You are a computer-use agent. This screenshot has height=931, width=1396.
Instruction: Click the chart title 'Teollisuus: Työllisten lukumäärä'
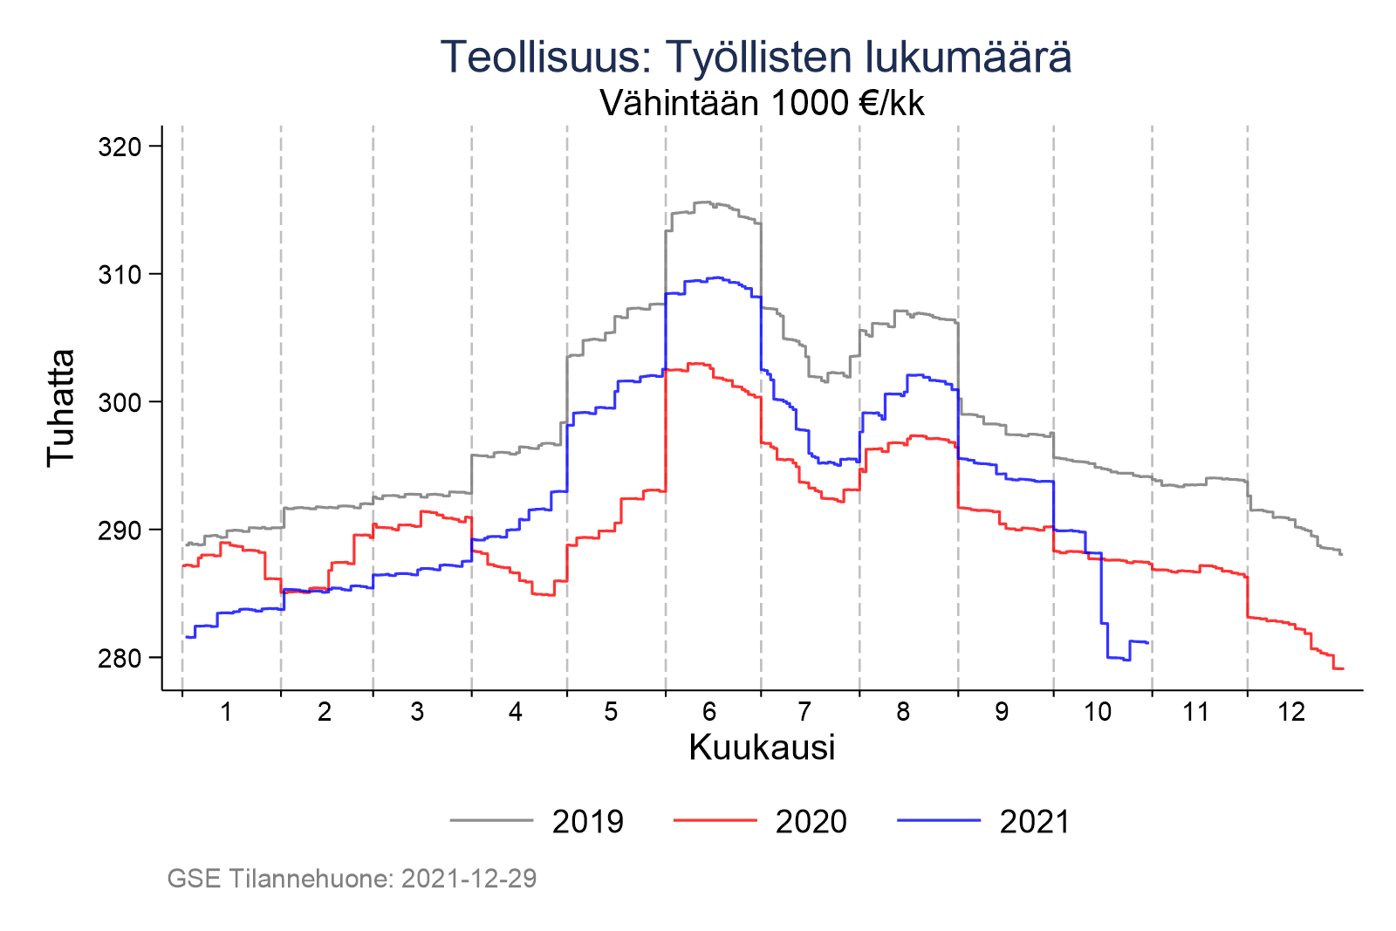[x=756, y=58]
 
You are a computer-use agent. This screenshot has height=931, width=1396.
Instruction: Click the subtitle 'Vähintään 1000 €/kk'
[x=762, y=104]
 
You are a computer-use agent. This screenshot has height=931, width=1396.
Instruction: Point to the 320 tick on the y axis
[x=120, y=147]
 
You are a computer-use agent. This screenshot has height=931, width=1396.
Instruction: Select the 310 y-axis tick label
[x=120, y=275]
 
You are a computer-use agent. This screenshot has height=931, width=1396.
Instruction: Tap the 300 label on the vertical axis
[x=120, y=402]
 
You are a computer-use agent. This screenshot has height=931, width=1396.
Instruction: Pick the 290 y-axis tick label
[x=120, y=530]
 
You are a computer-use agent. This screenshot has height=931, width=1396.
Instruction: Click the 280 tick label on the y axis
[x=120, y=658]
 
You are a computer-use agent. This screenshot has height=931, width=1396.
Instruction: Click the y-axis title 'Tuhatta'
[x=61, y=407]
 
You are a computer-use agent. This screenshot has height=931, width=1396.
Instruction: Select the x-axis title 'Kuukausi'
[x=762, y=748]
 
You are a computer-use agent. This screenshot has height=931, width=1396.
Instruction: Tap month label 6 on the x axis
[x=709, y=712]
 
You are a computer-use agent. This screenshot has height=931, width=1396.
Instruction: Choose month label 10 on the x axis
[x=1098, y=712]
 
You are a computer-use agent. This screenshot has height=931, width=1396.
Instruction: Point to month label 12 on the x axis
[x=1291, y=712]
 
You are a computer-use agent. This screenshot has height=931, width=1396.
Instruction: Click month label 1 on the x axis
[x=226, y=712]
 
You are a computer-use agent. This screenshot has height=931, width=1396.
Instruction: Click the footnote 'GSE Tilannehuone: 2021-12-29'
[x=352, y=879]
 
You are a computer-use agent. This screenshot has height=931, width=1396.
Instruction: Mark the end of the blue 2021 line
[x=1148, y=643]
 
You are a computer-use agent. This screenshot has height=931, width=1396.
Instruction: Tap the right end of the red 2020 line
[x=1344, y=668]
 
